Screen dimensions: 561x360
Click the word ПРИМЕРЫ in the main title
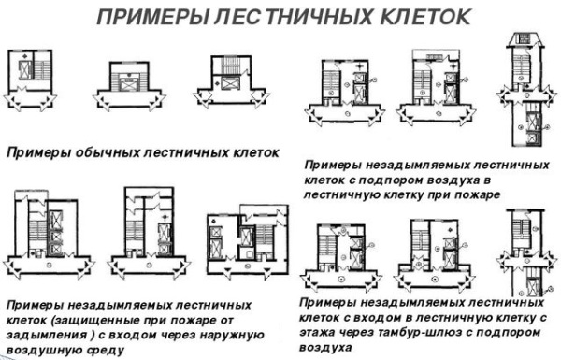(x=152, y=17)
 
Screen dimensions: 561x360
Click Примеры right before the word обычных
(x=38, y=153)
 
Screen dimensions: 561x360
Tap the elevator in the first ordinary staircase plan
(x=25, y=69)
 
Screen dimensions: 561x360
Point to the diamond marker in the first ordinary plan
(x=24, y=56)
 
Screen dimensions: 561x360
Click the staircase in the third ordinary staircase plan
(x=231, y=65)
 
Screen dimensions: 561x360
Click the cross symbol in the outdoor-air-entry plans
(x=165, y=217)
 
